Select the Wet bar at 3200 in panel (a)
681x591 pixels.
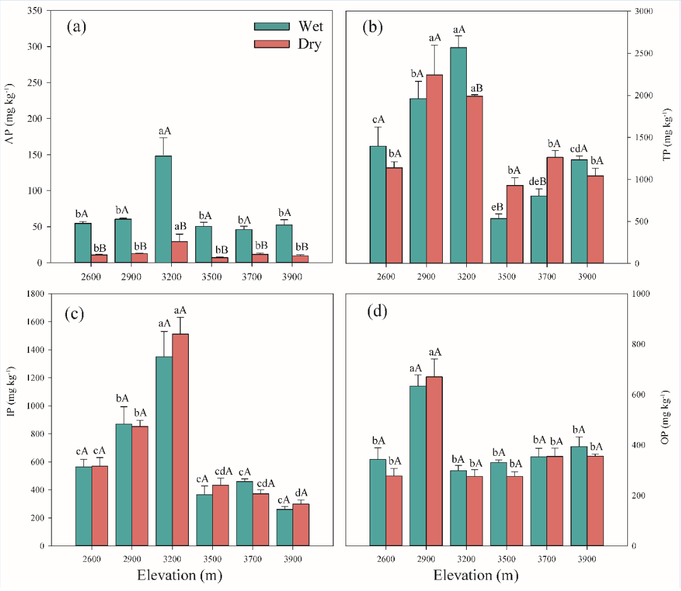(x=163, y=209)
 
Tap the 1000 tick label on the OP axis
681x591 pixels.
(x=641, y=294)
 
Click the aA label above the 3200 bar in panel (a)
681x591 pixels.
(x=163, y=131)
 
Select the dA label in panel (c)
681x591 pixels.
(x=301, y=492)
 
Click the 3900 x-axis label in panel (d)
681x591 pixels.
(x=587, y=559)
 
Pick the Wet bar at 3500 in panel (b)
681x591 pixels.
(x=498, y=241)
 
